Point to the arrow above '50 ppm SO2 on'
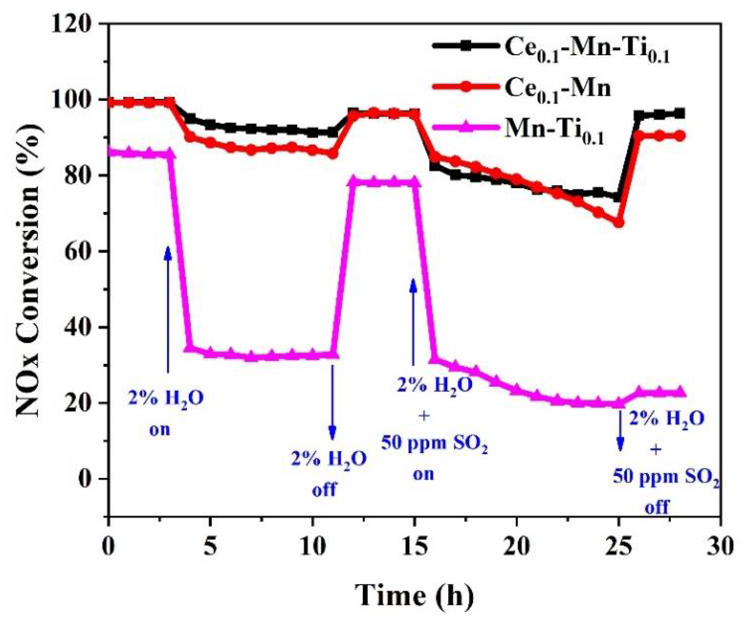tap(413, 322)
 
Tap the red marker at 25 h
tap(619, 223)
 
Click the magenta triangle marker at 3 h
tap(169, 154)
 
